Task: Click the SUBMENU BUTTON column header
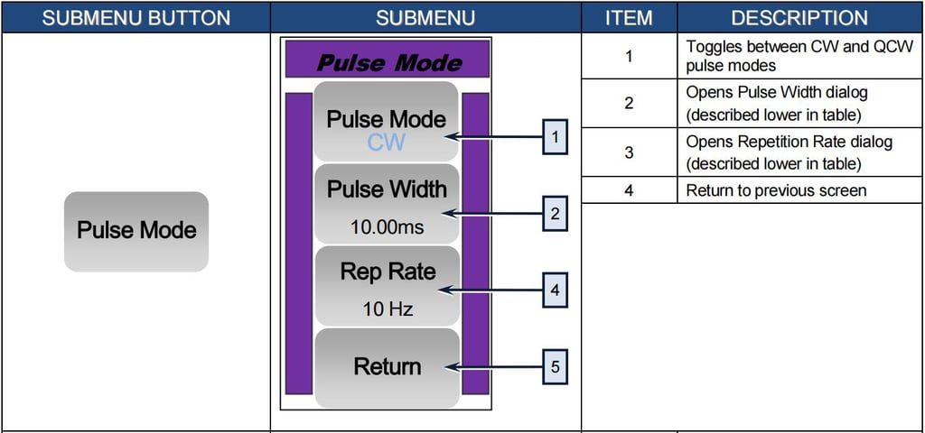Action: (x=136, y=17)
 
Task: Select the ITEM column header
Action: (x=628, y=17)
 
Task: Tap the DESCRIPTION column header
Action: (x=799, y=17)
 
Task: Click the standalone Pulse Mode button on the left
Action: (x=136, y=231)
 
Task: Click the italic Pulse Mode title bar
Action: (x=388, y=62)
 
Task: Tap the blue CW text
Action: (x=386, y=142)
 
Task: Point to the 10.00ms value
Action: (x=387, y=227)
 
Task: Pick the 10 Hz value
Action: (x=388, y=309)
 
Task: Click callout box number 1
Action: (x=555, y=137)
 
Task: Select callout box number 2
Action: (x=555, y=214)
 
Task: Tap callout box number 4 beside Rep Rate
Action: (x=555, y=290)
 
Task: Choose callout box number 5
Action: (x=555, y=367)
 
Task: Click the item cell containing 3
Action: (x=629, y=152)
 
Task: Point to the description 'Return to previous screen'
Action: (x=775, y=190)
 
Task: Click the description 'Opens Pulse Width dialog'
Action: (x=775, y=93)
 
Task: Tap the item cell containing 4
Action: (x=629, y=190)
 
